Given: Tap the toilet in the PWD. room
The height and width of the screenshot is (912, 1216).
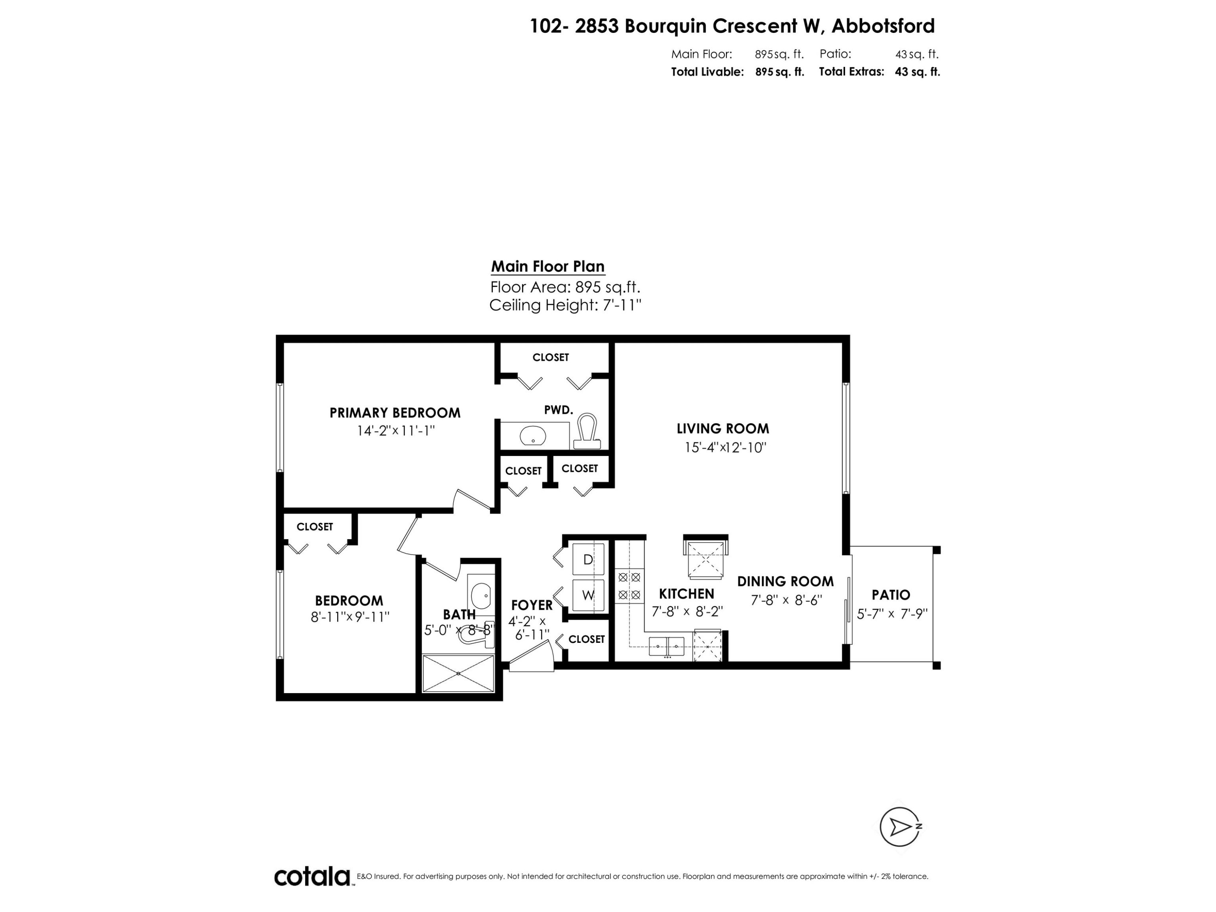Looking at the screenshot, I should pos(587,433).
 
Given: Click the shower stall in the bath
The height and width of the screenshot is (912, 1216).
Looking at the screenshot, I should pos(458,673).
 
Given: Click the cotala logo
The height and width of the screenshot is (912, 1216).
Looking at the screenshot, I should pos(312,876).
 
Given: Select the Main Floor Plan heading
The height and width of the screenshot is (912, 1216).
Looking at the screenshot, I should pos(548,267).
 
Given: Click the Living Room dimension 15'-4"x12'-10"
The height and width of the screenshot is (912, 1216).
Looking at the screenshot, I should pos(725,447).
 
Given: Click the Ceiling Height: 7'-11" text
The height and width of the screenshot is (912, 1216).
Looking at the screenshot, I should pos(565,305).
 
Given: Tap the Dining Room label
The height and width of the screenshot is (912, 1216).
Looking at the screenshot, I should pos(785,581).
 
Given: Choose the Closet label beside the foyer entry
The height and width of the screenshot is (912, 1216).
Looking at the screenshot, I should pos(586,639).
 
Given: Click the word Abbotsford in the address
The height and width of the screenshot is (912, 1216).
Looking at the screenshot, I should pos(883,26).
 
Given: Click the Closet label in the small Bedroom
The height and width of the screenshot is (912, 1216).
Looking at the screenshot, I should pos(315,527).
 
